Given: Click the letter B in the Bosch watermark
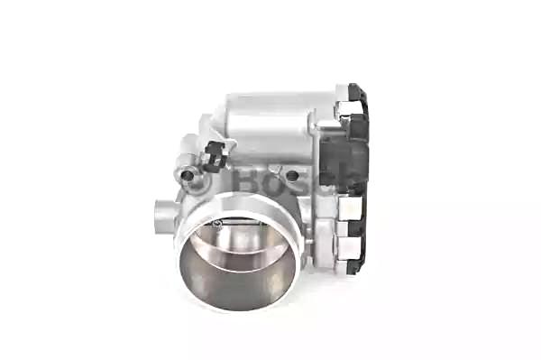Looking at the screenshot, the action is click(x=245, y=180).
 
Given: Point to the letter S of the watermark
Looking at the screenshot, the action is click(x=301, y=182).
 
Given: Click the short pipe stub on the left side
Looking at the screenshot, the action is click(x=164, y=217).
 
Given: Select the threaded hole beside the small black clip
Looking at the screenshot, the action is click(x=188, y=176).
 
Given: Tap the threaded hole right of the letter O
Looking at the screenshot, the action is click(x=292, y=175).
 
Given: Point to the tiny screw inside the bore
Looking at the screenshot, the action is click(x=217, y=225).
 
